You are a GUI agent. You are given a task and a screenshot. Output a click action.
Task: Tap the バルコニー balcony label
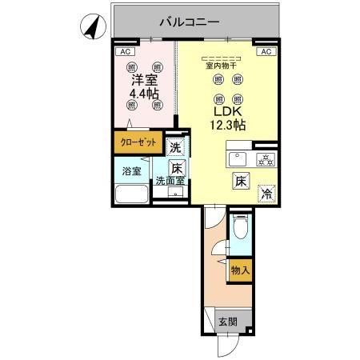[189, 22]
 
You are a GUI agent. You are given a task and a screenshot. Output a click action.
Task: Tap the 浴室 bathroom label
[131, 171]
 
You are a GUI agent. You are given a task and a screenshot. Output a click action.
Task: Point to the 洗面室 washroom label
[170, 181]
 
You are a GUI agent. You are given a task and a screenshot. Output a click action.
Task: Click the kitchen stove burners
[265, 159]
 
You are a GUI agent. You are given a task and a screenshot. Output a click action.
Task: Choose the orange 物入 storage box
[240, 271]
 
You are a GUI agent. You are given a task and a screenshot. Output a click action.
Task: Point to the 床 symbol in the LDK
[240, 180]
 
